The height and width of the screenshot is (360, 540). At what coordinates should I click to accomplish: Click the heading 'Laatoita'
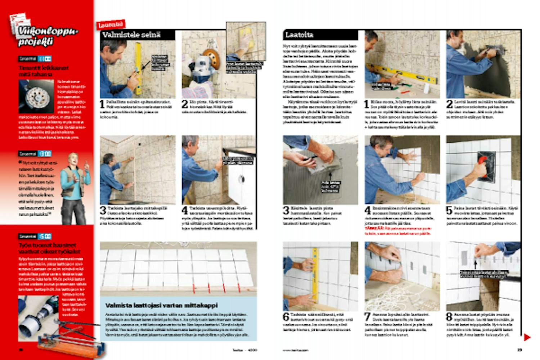[299, 35]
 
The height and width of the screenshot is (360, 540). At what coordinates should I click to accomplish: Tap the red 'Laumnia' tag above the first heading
[111, 25]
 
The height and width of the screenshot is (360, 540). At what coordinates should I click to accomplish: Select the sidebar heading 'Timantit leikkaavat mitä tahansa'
[43, 71]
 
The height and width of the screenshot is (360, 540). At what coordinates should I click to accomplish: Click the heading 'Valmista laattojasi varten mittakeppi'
[161, 305]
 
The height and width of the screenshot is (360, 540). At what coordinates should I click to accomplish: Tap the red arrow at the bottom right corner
[527, 337]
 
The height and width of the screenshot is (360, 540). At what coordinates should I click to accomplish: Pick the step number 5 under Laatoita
[450, 210]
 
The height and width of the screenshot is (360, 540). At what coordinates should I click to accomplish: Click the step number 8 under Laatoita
[450, 317]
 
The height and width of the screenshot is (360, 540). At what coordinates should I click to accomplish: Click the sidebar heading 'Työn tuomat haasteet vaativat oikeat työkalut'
[49, 248]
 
